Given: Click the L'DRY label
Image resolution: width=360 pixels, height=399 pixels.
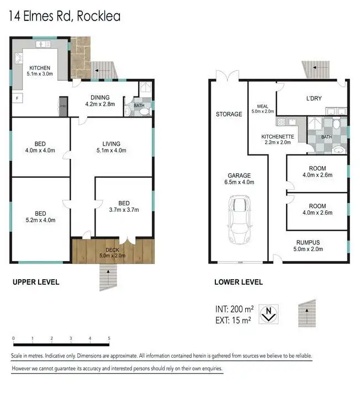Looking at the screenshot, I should coord(314,99).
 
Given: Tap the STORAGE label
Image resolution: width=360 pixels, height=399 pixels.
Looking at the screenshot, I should coord(229,114).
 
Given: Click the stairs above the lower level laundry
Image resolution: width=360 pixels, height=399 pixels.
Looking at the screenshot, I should coord(316,69).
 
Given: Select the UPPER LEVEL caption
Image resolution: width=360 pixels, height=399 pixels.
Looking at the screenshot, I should coord(36,282).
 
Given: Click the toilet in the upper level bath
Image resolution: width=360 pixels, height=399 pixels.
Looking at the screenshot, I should coord(144,111).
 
